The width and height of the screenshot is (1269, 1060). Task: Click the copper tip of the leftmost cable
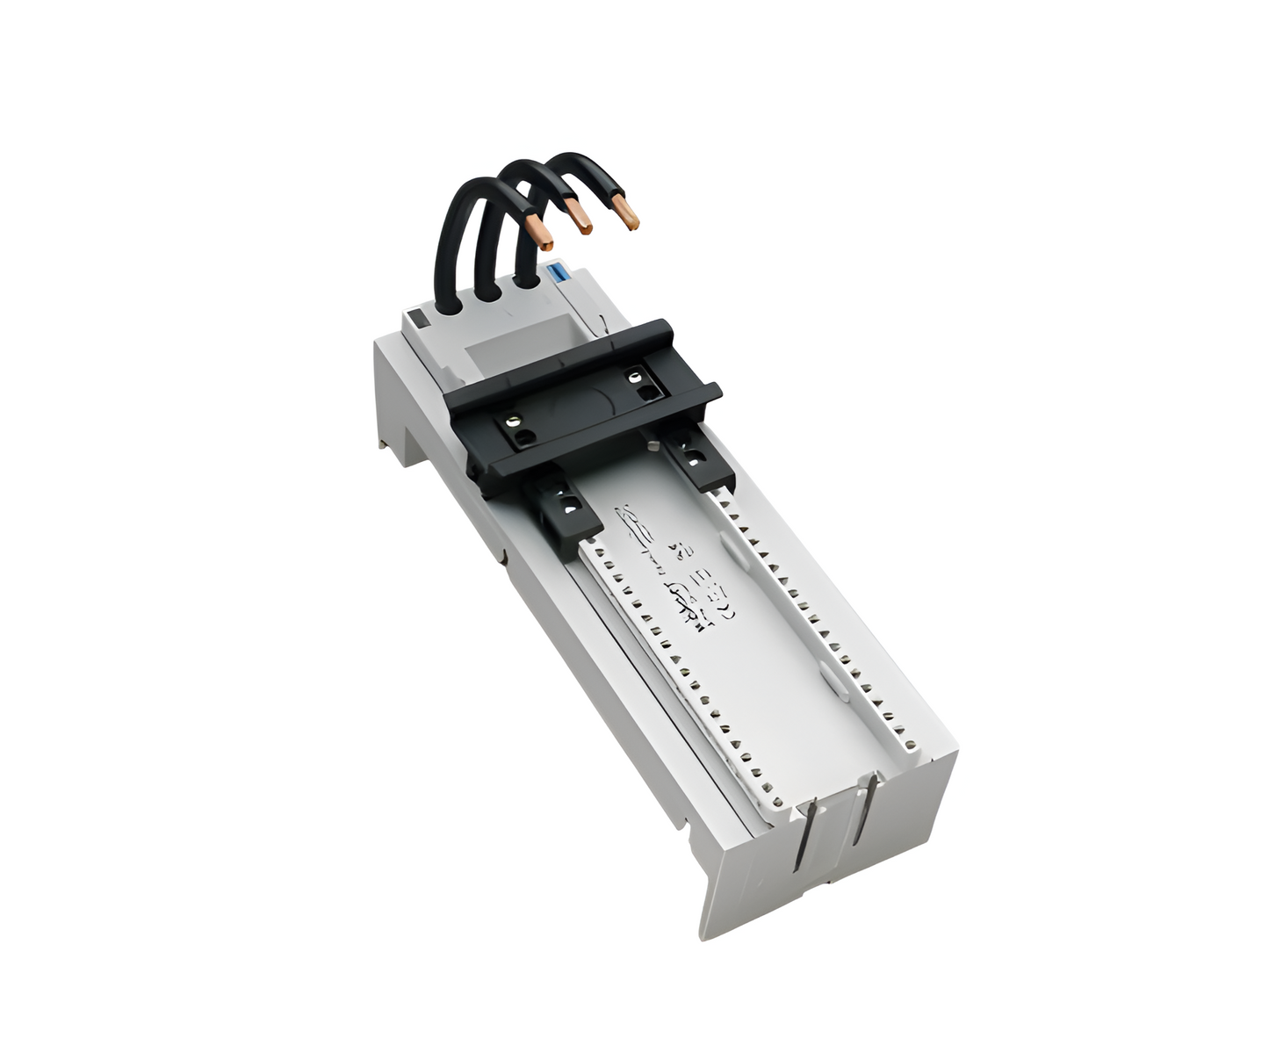(543, 234)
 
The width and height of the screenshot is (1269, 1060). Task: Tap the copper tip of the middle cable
(579, 217)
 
